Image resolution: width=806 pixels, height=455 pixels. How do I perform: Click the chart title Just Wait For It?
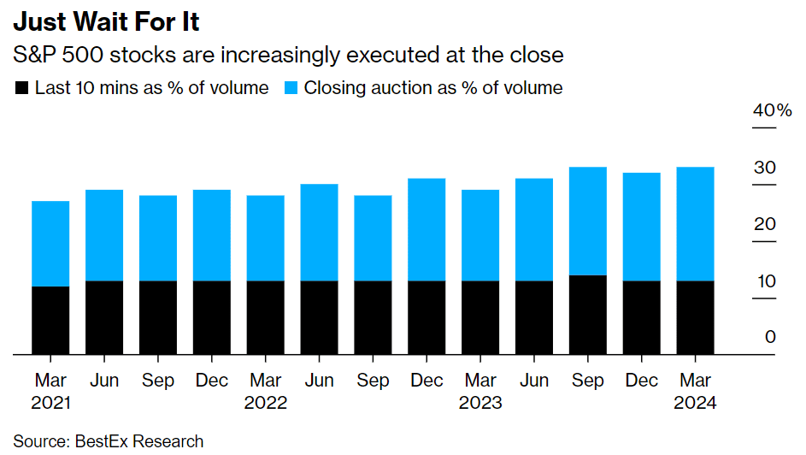pyautogui.click(x=106, y=21)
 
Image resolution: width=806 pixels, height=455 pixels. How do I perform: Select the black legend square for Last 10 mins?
pyautogui.click(x=21, y=88)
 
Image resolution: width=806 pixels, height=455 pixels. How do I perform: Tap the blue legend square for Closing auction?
pyautogui.click(x=291, y=88)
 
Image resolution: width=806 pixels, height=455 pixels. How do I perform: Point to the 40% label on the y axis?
pyautogui.click(x=772, y=110)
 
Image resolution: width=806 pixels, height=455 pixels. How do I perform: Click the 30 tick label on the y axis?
pyautogui.click(x=765, y=167)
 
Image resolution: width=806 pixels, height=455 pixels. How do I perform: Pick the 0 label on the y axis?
pyautogui.click(x=770, y=337)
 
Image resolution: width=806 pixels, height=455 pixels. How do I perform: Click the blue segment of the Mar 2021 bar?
pyautogui.click(x=50, y=244)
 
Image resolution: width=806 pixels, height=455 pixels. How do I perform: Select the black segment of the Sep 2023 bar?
pyautogui.click(x=588, y=315)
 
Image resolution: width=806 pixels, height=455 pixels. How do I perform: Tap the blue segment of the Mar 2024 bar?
pyautogui.click(x=696, y=224)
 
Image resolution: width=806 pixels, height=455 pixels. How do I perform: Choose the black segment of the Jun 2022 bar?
pyautogui.click(x=319, y=317)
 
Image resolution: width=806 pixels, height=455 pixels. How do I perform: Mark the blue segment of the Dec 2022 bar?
pyautogui.click(x=427, y=230)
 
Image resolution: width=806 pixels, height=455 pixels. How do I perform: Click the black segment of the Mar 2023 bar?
pyautogui.click(x=480, y=317)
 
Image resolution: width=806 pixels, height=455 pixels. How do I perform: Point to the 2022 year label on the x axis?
pyautogui.click(x=266, y=403)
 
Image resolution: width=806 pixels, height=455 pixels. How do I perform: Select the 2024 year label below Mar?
pyautogui.click(x=696, y=403)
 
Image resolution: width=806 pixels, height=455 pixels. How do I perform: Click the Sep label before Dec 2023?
pyautogui.click(x=588, y=381)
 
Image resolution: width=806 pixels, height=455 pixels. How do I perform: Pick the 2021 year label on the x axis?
pyautogui.click(x=50, y=403)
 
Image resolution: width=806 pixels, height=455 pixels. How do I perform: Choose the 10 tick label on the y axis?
pyautogui.click(x=766, y=281)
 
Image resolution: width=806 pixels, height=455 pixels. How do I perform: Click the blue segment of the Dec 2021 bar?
pyautogui.click(x=212, y=235)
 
